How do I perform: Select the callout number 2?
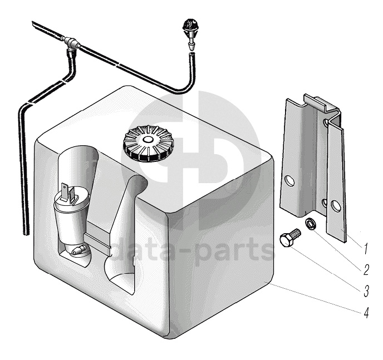pyautogui.click(x=366, y=270)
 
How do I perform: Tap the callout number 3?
pyautogui.click(x=366, y=291)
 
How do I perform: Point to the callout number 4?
pyautogui.click(x=366, y=313)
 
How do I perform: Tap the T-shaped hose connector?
pyautogui.click(x=70, y=43)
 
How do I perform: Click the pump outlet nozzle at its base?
pyautogui.click(x=77, y=251)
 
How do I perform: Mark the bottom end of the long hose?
pyautogui.click(x=25, y=234)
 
